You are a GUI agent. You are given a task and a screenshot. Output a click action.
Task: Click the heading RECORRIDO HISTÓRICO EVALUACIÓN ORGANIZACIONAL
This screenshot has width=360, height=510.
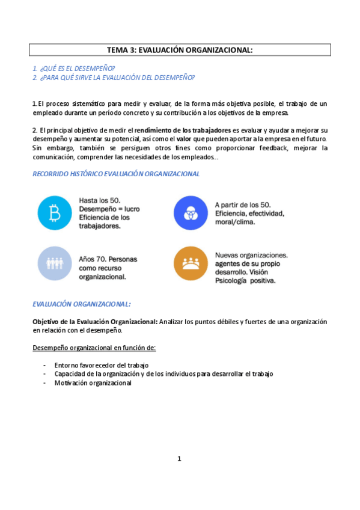(116, 174)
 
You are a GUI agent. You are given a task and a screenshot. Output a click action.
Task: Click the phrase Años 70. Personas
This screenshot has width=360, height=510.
(108, 259)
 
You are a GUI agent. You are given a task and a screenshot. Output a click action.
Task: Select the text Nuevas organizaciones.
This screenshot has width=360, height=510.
(251, 254)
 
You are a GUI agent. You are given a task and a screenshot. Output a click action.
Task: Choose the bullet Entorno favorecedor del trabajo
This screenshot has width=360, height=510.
(101, 365)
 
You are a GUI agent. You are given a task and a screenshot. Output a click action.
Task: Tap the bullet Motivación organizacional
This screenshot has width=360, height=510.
(93, 382)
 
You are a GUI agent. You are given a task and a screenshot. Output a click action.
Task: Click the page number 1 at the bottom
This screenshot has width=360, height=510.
(179, 459)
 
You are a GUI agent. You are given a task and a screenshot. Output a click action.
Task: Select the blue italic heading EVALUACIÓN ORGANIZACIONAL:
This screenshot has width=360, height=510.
(82, 304)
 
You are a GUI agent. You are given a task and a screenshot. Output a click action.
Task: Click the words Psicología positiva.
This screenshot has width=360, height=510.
(245, 280)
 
